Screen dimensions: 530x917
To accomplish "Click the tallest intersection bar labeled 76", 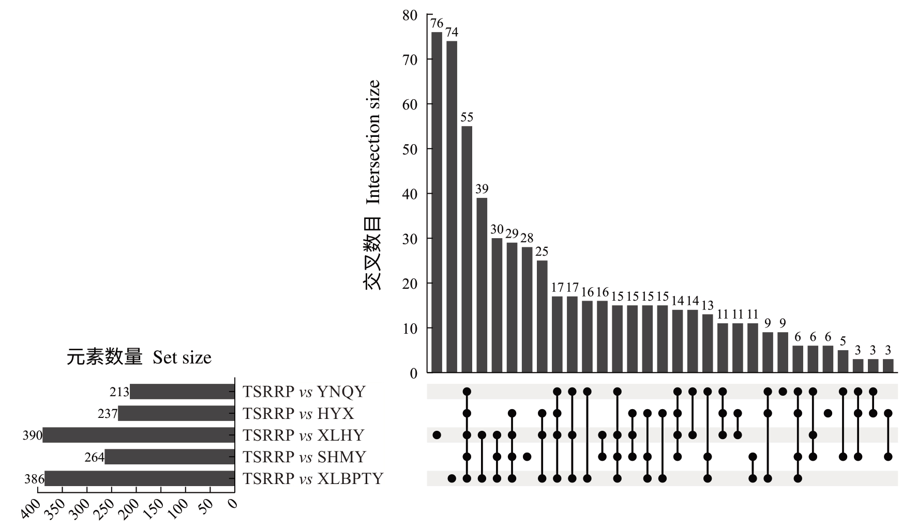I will [437, 202].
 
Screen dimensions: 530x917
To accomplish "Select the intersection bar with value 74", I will [452, 207].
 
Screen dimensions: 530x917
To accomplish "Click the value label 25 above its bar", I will [542, 252].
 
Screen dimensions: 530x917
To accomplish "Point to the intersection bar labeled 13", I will [708, 344].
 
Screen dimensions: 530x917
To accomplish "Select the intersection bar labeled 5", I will [843, 361].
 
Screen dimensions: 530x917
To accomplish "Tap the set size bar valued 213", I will [182, 392].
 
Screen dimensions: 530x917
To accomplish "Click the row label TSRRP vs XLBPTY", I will [313, 479].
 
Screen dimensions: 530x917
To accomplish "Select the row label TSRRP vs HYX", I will [298, 414].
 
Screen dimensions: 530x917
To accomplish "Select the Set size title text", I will [182, 357].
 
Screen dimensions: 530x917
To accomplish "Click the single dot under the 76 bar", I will [437, 435].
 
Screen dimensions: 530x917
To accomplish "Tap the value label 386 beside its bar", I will [34, 479].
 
